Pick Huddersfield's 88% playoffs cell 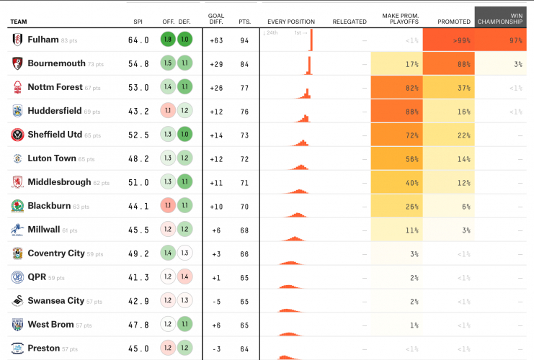(x=395, y=112)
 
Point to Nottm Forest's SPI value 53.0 (x=138, y=88)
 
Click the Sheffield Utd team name (x=55, y=135)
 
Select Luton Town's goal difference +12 (x=215, y=158)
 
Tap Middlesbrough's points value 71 (x=244, y=182)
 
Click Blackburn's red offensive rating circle (x=167, y=206)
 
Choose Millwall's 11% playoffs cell (x=395, y=230)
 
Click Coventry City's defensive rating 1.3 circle (x=185, y=253)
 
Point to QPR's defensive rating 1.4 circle (x=185, y=277)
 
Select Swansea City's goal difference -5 (x=215, y=301)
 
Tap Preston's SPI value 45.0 (x=138, y=348)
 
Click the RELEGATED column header (x=350, y=22)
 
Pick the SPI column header (x=138, y=22)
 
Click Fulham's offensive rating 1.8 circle (x=167, y=40)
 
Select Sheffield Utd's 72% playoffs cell (x=395, y=135)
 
